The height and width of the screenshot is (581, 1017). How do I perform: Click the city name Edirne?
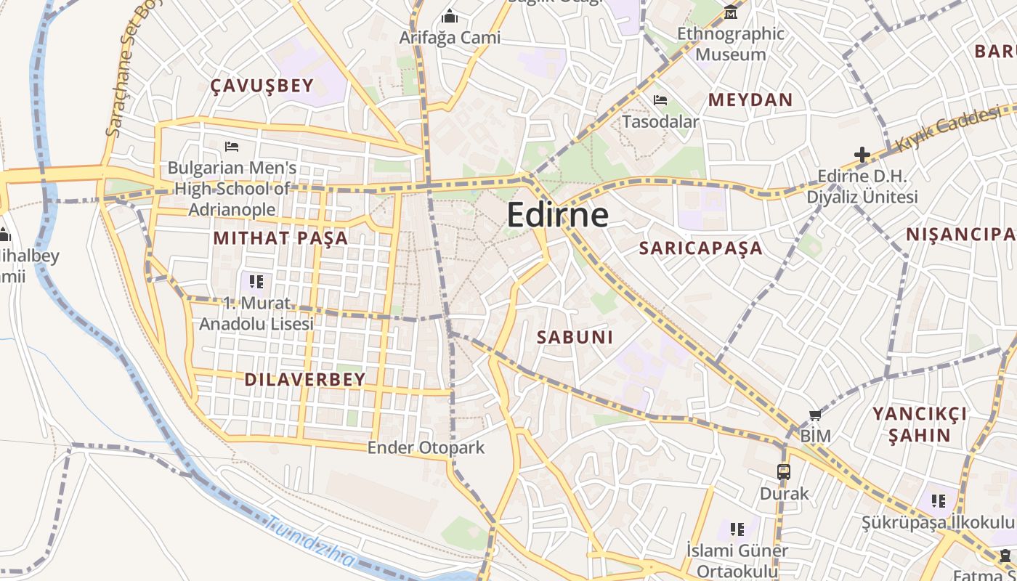(x=557, y=215)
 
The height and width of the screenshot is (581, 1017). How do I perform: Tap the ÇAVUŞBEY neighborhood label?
(x=262, y=86)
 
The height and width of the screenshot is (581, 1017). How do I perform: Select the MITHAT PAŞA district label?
(x=280, y=237)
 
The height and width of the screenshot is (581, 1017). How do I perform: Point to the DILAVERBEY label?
(x=305, y=379)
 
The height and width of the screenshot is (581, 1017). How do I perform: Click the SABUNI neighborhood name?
(x=575, y=337)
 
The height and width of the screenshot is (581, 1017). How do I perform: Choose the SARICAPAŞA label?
(x=700, y=248)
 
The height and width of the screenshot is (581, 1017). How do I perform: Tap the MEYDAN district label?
(x=750, y=100)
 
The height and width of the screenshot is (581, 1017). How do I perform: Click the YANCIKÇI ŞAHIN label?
(x=920, y=424)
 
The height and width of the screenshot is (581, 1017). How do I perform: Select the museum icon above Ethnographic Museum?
(x=730, y=12)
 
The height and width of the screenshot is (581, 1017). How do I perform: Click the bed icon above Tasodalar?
(x=660, y=100)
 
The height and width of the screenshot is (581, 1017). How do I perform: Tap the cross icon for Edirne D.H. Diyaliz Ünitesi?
(x=862, y=155)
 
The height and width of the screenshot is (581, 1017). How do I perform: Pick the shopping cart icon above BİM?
(x=815, y=415)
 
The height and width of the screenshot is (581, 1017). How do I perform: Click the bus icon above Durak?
(x=784, y=471)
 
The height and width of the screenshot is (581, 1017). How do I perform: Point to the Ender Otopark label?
(x=426, y=447)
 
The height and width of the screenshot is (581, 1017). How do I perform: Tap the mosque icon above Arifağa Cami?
(x=450, y=16)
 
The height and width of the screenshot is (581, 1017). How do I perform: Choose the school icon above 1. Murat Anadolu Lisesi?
(x=256, y=281)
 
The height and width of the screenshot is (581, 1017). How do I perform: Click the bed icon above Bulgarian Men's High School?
(x=232, y=147)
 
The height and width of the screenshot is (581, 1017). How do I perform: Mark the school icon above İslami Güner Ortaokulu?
(x=737, y=529)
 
